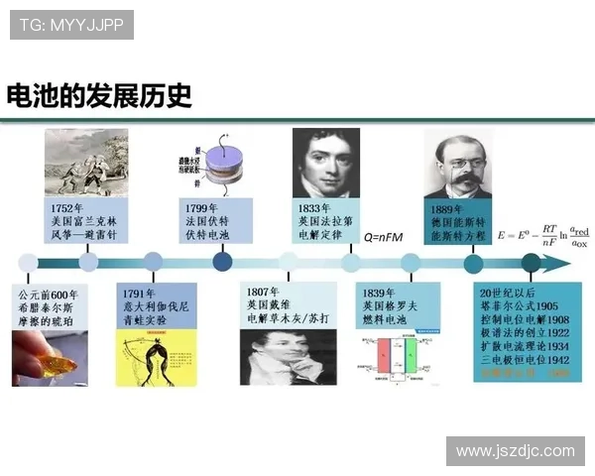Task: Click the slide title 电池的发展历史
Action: [99, 96]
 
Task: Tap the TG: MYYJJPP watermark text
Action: [71, 24]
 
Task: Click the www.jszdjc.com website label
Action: [515, 451]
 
